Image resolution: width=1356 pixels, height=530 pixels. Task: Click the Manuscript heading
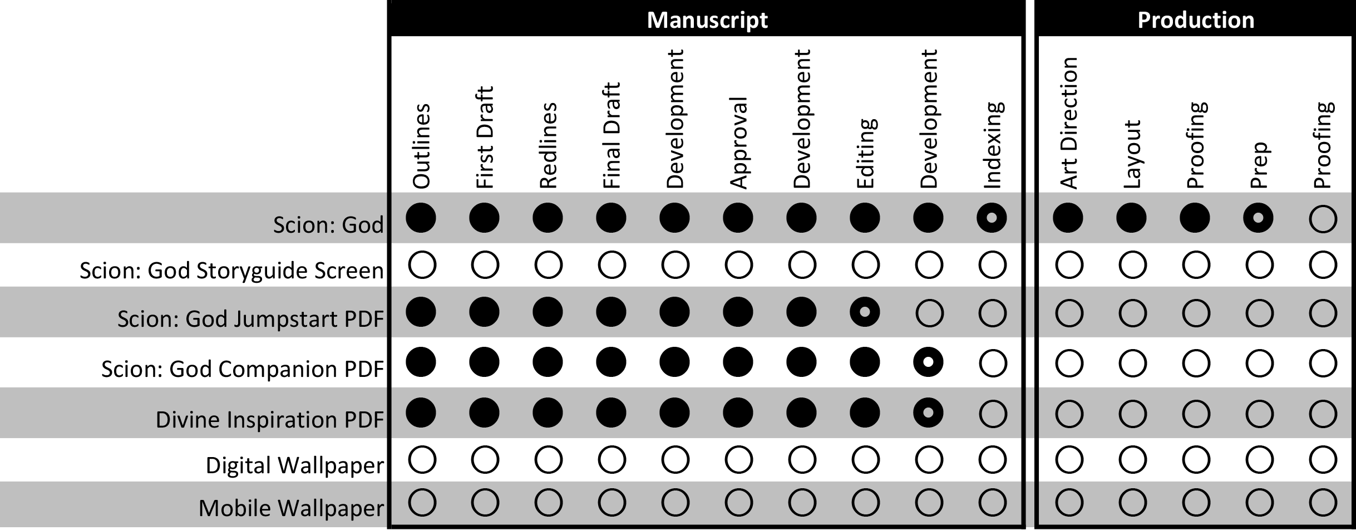707,21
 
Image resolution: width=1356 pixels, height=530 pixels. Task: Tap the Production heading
1196,21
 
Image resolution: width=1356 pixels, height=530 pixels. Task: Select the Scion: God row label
328,225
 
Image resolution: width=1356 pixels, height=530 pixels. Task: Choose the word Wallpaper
331,508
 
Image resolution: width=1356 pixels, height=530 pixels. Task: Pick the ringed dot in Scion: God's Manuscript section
992,218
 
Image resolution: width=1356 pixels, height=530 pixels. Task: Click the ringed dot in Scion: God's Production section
1258,218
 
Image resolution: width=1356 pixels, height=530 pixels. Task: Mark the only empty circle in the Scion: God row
1323,219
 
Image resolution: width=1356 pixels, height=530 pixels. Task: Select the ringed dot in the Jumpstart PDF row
865,312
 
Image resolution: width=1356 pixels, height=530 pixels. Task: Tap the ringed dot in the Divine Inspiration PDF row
928,413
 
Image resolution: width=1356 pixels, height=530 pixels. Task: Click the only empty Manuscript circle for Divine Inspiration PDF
992,414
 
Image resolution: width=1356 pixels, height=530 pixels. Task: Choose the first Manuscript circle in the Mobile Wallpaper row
422,503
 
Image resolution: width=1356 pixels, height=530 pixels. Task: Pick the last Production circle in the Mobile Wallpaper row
1323,503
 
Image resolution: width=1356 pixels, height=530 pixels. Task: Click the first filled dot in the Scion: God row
421,218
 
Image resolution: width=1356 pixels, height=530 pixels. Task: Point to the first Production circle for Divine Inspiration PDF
1069,414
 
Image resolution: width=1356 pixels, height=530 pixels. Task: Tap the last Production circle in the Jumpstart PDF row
1323,313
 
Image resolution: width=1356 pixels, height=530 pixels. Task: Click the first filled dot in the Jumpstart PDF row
421,312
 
